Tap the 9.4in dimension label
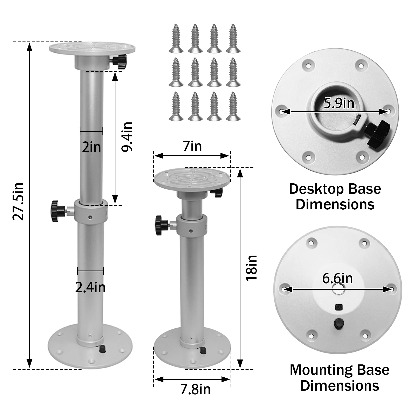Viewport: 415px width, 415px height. [x=127, y=137]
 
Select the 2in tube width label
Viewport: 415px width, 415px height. [x=92, y=147]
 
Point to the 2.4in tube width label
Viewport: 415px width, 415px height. [x=91, y=287]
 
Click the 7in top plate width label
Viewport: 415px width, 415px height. [x=192, y=146]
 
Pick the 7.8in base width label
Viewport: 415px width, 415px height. [x=195, y=390]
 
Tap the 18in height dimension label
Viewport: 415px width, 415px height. [x=251, y=268]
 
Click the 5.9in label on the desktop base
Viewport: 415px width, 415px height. [x=339, y=103]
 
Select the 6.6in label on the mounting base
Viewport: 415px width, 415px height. [x=337, y=278]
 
